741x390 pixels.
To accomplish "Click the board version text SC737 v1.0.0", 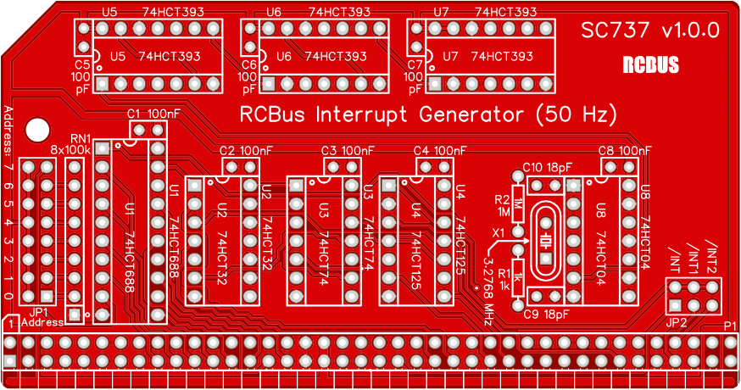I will (x=649, y=31).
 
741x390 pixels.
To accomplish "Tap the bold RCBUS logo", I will (x=649, y=65).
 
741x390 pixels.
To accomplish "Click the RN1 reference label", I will (x=81, y=138).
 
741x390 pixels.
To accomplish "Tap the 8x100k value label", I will (x=70, y=150).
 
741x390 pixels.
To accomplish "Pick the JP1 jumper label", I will (x=38, y=312).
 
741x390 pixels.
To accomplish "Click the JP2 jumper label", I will (x=677, y=322).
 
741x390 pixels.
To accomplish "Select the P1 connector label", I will (x=730, y=326).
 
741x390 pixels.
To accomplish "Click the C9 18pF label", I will (x=543, y=315).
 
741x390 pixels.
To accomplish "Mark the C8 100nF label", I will (x=624, y=151).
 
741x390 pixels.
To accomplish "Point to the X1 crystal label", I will (x=498, y=231).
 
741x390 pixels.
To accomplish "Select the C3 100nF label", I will (x=348, y=151).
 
